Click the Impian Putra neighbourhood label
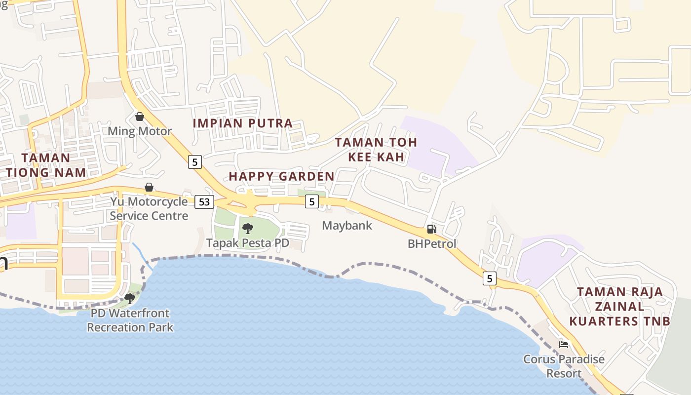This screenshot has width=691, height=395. tap(243, 123)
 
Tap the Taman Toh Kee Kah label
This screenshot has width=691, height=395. tap(376, 150)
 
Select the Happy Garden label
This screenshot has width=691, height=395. tap(281, 176)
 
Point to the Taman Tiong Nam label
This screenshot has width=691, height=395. tap(46, 165)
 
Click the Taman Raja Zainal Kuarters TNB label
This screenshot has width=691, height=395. tap(620, 306)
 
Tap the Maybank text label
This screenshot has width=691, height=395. tap(347, 226)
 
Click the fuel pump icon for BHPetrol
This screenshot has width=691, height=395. tap(431, 229)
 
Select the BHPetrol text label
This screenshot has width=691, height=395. tap(432, 243)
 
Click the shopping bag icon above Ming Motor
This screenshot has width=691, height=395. tap(140, 117)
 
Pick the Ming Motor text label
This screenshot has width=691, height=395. tap(140, 131)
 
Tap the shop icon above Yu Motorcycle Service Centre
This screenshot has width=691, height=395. tap(149, 187)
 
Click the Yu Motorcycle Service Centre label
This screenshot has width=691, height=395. tap(149, 208)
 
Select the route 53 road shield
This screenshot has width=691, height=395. tap(204, 201)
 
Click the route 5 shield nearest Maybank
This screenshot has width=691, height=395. tap(311, 201)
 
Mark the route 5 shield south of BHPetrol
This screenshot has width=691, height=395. tap(489, 278)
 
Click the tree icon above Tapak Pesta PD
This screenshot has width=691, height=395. tap(248, 228)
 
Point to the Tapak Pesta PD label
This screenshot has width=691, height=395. tap(248, 243)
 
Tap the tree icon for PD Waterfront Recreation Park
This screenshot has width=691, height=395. tap(130, 298)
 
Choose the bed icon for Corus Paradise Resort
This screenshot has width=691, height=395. tap(564, 344)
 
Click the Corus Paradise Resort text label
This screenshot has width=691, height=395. tap(564, 366)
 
